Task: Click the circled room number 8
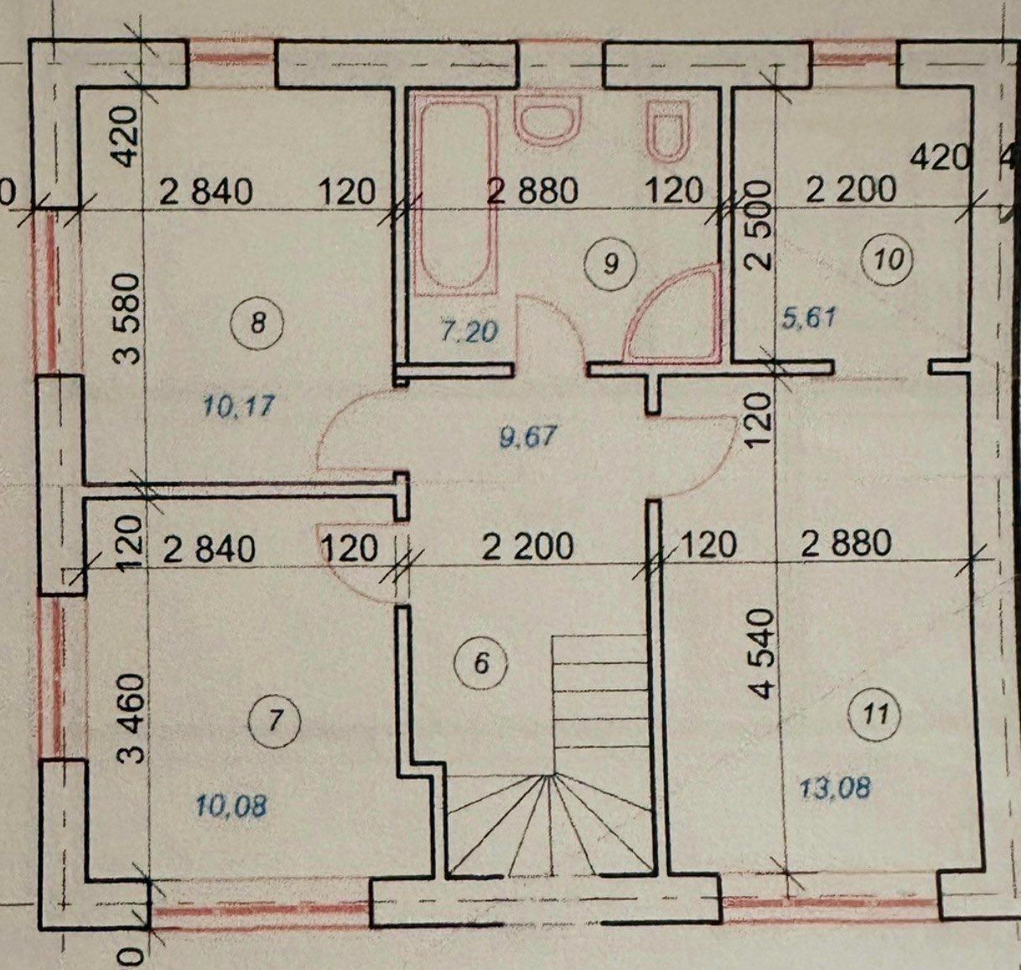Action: (x=258, y=324)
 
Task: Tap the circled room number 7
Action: (x=275, y=721)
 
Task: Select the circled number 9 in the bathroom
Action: (x=612, y=263)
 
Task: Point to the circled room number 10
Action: (x=889, y=258)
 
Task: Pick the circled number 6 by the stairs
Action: (x=481, y=663)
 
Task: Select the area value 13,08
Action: (x=835, y=787)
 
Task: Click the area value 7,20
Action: (x=469, y=331)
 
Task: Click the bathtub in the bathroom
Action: (x=455, y=195)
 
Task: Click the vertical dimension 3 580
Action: (x=127, y=319)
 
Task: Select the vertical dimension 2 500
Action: (x=759, y=224)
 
